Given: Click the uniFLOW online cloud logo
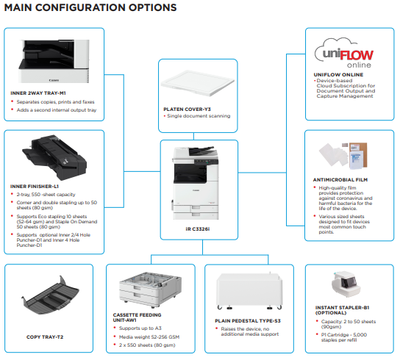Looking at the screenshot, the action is click(x=344, y=53).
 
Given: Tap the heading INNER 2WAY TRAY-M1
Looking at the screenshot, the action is click(x=38, y=93).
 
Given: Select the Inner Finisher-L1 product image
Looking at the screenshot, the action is click(x=54, y=157).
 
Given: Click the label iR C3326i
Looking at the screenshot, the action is click(x=198, y=229).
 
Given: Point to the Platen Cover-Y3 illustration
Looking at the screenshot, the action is click(x=198, y=83).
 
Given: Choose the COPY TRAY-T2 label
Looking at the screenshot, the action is click(x=45, y=336).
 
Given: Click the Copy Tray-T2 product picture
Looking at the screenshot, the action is click(x=50, y=295).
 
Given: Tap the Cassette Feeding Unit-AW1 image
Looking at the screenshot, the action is click(x=151, y=289).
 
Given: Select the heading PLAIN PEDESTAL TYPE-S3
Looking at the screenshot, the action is click(x=248, y=321).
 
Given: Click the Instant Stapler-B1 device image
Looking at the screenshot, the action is click(x=346, y=284).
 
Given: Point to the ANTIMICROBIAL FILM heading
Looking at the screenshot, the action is click(x=340, y=180).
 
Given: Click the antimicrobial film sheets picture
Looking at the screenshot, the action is click(x=343, y=155).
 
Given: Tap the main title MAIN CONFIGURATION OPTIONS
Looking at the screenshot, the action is click(x=90, y=7).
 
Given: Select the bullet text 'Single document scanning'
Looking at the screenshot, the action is click(x=199, y=116).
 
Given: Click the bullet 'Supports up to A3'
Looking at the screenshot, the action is click(x=140, y=328).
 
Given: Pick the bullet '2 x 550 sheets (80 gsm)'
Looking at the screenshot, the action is click(x=147, y=345).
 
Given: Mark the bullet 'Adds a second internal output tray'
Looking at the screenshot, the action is click(x=57, y=110).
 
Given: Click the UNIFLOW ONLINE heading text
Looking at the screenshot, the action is click(x=338, y=75).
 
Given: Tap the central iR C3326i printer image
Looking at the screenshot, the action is click(x=196, y=183).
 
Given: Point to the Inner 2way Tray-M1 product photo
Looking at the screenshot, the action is click(x=54, y=61).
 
